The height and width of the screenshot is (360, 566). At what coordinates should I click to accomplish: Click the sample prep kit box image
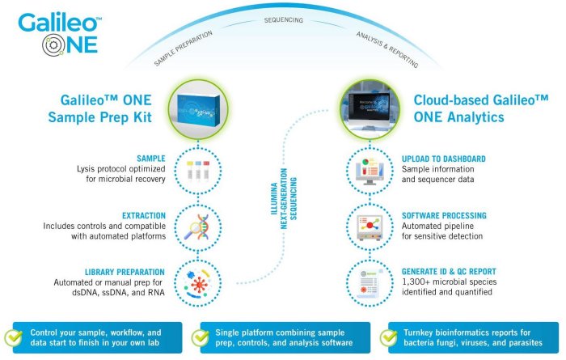pos(199,111)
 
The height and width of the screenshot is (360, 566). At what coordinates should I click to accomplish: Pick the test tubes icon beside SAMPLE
pos(199,170)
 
